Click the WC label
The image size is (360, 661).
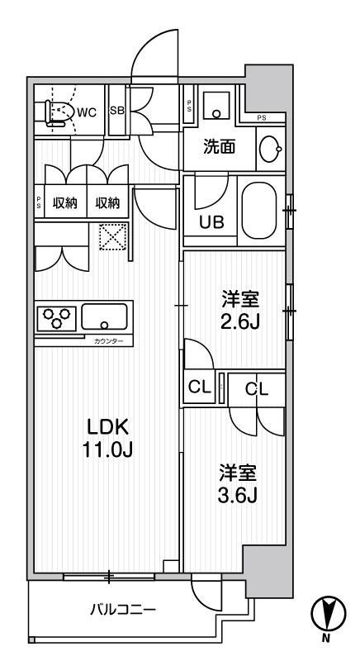click(88, 114)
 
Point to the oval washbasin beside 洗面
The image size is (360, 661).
click(269, 149)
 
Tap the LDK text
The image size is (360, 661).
click(107, 427)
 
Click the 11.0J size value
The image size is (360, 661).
click(107, 450)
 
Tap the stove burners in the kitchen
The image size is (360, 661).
click(57, 318)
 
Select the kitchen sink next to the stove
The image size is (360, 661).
click(104, 318)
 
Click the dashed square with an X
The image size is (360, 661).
click(111, 237)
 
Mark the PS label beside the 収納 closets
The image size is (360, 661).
click(39, 203)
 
